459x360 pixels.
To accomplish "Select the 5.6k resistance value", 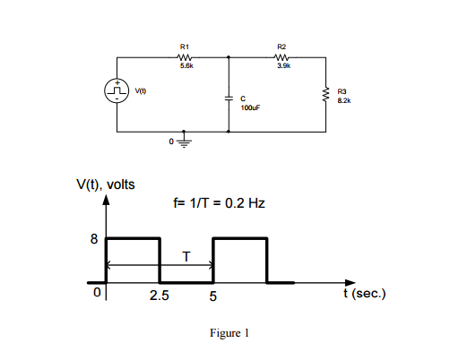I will (x=185, y=67).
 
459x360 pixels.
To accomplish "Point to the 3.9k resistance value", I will (x=281, y=67).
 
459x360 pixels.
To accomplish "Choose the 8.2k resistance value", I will (x=344, y=100).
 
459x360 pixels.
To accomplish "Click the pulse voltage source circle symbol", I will (x=117, y=91).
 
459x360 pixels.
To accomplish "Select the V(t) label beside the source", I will (x=142, y=91).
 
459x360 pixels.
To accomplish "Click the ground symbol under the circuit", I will (x=186, y=141).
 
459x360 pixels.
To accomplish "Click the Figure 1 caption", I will (x=229, y=333).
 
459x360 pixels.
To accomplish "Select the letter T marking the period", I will (x=186, y=256).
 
